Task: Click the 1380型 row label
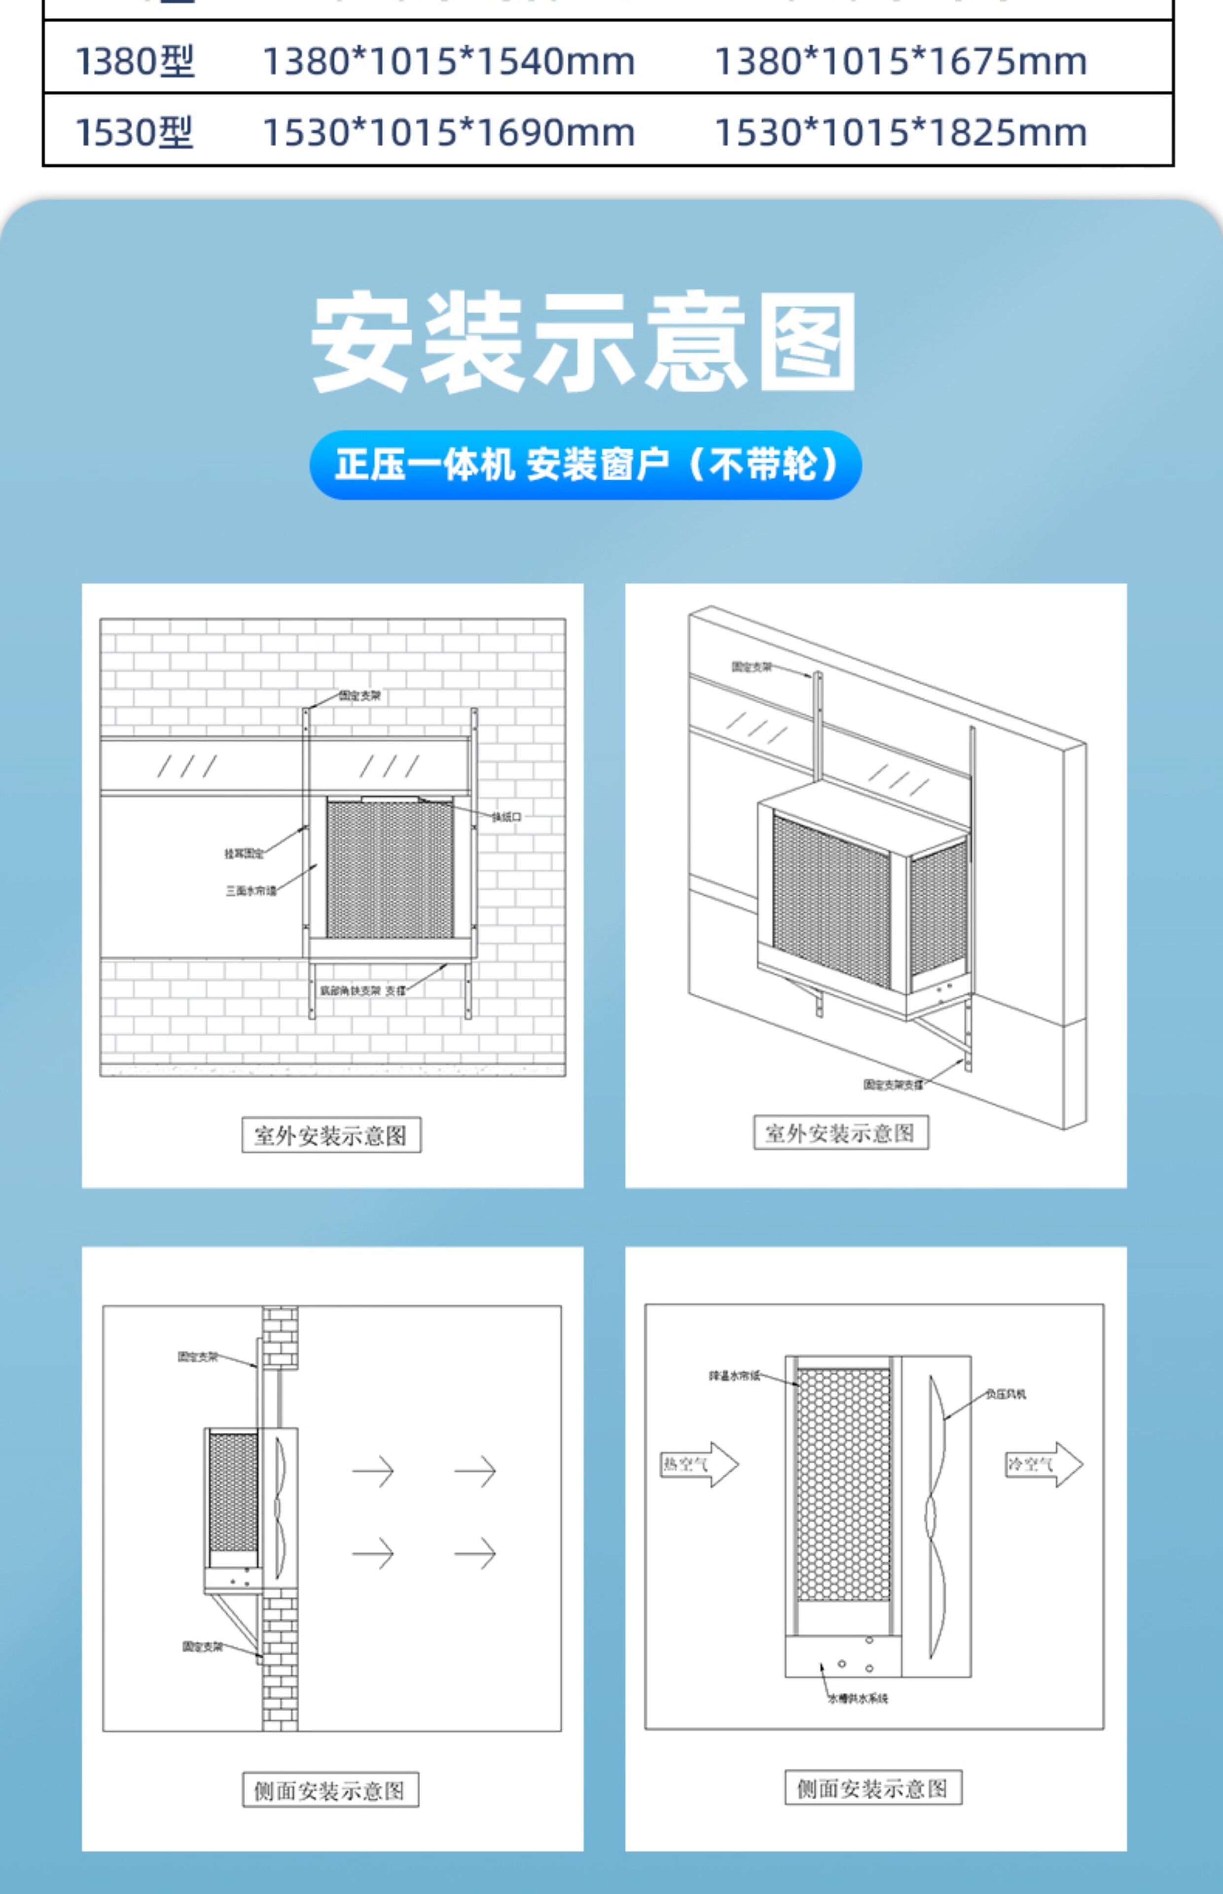[x=134, y=61]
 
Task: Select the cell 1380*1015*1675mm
[x=900, y=61]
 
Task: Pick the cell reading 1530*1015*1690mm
[x=449, y=132]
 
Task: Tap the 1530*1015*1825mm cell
[x=900, y=132]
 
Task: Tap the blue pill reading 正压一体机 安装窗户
[x=585, y=465]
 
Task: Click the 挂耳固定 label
[x=244, y=854]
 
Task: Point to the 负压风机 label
[x=1006, y=1394]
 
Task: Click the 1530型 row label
[x=134, y=132]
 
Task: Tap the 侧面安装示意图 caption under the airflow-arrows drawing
[x=330, y=1791]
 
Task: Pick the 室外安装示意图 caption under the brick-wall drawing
[x=331, y=1135]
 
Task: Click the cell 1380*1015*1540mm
[x=449, y=61]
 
